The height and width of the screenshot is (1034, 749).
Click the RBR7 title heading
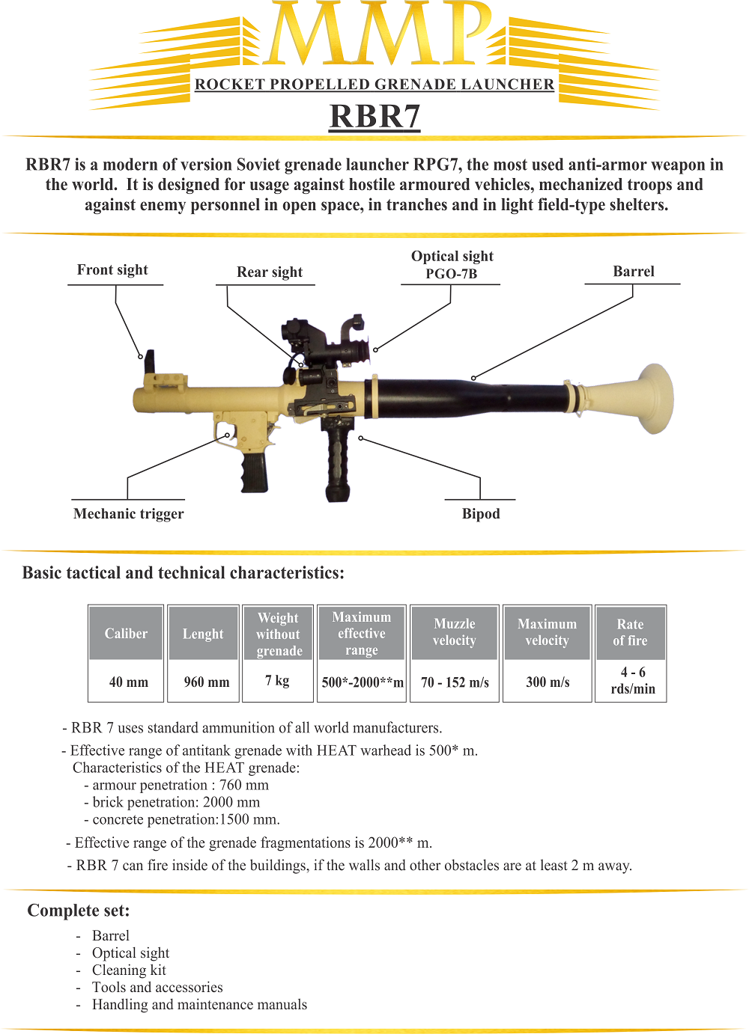[x=374, y=117]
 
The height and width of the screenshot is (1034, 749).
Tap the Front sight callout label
[x=112, y=270]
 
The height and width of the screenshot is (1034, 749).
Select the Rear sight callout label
[x=270, y=272]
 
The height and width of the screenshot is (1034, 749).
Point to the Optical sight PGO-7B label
[x=452, y=265]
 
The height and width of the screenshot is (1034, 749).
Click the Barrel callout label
[x=634, y=272]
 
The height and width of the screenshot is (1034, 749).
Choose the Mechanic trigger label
[x=128, y=514]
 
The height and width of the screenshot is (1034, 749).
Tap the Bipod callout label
[x=481, y=514]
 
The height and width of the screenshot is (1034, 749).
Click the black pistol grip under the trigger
[x=254, y=471]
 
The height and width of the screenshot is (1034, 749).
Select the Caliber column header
[x=126, y=634]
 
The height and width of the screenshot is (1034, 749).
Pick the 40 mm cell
[x=129, y=682]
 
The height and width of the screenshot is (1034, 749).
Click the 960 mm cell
[x=207, y=682]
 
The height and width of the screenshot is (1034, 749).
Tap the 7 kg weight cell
[x=277, y=681]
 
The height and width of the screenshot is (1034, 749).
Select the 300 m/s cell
[x=548, y=682]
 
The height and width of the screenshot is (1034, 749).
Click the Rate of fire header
[x=630, y=632]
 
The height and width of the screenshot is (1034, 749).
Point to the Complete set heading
[x=79, y=911]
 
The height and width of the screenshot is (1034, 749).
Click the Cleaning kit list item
[x=129, y=970]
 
